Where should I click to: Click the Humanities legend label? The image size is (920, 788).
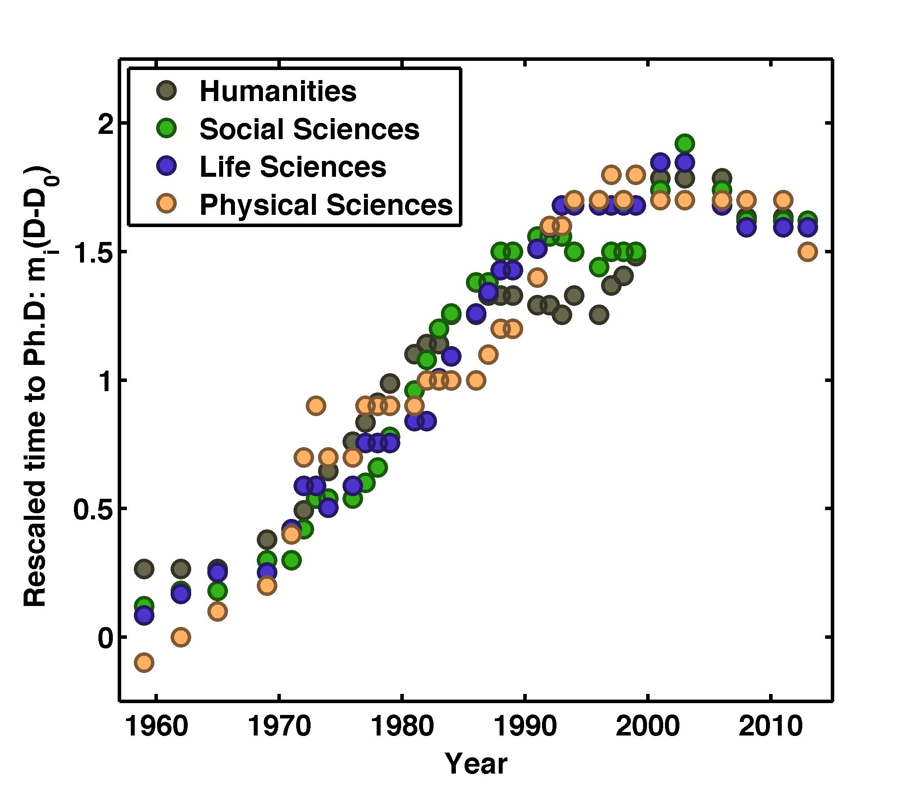pos(277,91)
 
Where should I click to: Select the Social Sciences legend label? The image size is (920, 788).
pos(309,129)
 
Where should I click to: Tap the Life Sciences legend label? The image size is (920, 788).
pos(293,167)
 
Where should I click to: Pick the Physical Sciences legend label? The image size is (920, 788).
pos(326,205)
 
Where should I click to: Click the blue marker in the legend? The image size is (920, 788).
pos(167,166)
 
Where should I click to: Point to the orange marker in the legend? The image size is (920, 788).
pos(167,203)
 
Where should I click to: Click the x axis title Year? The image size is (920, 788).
pos(476,763)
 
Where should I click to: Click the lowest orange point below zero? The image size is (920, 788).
pos(144,662)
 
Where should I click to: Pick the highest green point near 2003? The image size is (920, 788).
pos(685,144)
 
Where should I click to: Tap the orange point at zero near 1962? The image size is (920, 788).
pos(181,637)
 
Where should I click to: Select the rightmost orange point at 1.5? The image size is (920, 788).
pos(808,252)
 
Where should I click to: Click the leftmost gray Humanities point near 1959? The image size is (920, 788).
pos(144,568)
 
